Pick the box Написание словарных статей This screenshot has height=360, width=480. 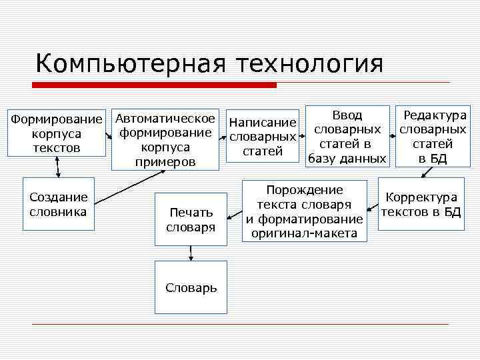[262, 137]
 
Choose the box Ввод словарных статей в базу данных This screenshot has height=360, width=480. [346, 136]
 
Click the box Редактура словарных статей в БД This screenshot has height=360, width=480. [432, 136]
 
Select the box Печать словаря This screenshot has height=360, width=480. [191, 219]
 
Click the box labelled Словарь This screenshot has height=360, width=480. [191, 287]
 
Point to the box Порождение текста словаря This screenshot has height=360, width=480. [304, 211]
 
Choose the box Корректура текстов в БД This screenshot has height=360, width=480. [421, 204]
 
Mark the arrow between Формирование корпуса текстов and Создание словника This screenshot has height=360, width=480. [59, 167]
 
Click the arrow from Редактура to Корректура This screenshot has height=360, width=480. [427, 172]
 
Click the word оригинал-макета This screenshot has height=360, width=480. [304, 233]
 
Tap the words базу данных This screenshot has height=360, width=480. [346, 159]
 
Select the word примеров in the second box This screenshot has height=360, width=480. [165, 162]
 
